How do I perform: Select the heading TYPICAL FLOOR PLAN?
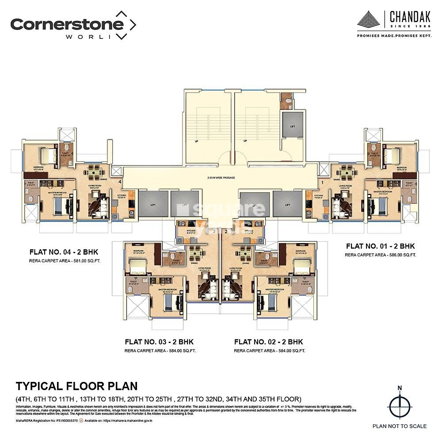(76, 386)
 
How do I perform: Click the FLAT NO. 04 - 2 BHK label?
(64, 252)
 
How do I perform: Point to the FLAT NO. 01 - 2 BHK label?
(381, 246)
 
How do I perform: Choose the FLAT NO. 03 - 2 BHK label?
(159, 342)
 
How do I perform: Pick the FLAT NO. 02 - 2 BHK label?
(269, 342)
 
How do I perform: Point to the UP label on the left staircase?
(196, 141)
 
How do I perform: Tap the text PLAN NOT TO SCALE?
(399, 426)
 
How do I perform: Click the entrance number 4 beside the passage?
(119, 181)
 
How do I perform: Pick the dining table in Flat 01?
(347, 171)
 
